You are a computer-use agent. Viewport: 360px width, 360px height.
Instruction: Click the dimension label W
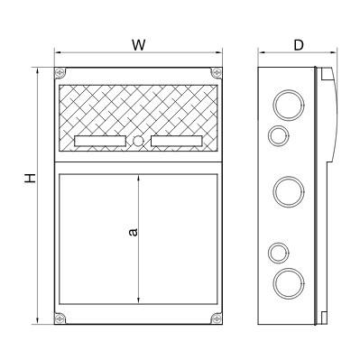[139, 45]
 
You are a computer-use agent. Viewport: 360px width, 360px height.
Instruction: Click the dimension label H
[30, 178]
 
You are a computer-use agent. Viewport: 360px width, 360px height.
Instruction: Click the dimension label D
[299, 45]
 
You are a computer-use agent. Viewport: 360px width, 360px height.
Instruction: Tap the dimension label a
[133, 232]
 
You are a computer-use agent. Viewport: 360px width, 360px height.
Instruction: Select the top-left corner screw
[60, 72]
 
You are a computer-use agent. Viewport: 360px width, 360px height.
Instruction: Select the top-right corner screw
[216, 72]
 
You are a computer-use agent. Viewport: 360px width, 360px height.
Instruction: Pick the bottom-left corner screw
[60, 318]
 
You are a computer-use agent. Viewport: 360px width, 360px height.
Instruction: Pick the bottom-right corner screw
[216, 318]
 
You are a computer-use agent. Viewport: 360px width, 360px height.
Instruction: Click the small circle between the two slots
[138, 141]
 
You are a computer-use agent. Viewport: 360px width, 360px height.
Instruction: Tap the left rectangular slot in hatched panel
[99, 141]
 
